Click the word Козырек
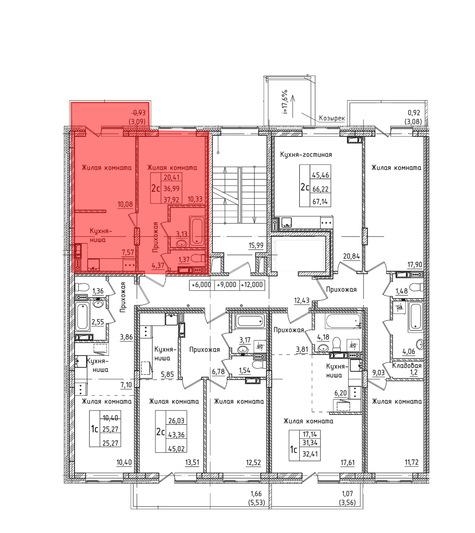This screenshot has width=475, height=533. [332, 119]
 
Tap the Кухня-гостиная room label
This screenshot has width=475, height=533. [306, 155]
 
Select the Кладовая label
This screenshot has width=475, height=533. [407, 366]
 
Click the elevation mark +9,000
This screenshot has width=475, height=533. [226, 285]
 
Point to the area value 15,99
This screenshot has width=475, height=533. [256, 245]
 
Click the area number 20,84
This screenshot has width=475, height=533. [351, 257]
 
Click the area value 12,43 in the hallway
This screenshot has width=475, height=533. [302, 300]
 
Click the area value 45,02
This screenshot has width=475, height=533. [176, 449]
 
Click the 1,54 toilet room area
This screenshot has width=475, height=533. [245, 371]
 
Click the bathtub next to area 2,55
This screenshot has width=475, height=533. [83, 316]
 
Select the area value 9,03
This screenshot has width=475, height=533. [379, 372]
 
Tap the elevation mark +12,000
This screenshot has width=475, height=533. [252, 285]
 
